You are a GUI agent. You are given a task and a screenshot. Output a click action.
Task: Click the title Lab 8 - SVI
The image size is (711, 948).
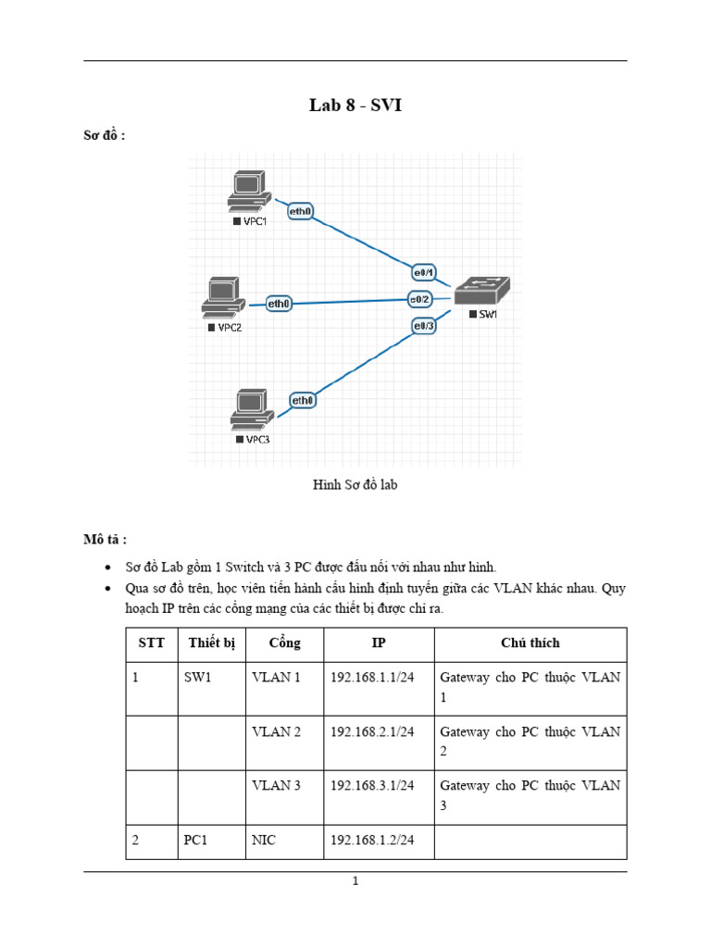(355, 106)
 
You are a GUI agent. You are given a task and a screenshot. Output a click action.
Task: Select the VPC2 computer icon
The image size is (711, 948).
(221, 296)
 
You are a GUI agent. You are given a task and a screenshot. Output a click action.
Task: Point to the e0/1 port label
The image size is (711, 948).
(424, 272)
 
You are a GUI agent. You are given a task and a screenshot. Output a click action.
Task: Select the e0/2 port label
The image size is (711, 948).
(421, 298)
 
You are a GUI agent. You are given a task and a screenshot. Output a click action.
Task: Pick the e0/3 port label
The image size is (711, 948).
(424, 324)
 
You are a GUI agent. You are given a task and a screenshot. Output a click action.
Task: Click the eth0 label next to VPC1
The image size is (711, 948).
(301, 211)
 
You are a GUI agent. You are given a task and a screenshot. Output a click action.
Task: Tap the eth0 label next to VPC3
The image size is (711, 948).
(303, 400)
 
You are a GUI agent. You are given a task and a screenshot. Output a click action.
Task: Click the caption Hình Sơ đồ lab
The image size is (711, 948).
(355, 484)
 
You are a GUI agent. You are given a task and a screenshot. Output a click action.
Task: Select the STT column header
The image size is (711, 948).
(151, 643)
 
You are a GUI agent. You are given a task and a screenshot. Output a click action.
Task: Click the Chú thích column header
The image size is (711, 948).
(530, 643)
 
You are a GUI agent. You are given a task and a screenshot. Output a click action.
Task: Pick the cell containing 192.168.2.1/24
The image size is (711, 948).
(372, 731)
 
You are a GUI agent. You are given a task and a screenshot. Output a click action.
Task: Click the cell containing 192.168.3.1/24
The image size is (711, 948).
(372, 785)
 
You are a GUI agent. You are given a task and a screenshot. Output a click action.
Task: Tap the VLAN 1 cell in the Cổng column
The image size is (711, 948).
(276, 678)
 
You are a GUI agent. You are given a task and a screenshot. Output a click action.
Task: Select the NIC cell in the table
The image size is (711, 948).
(264, 841)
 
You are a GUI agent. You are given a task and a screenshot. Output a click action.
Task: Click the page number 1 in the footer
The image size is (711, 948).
(355, 881)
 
